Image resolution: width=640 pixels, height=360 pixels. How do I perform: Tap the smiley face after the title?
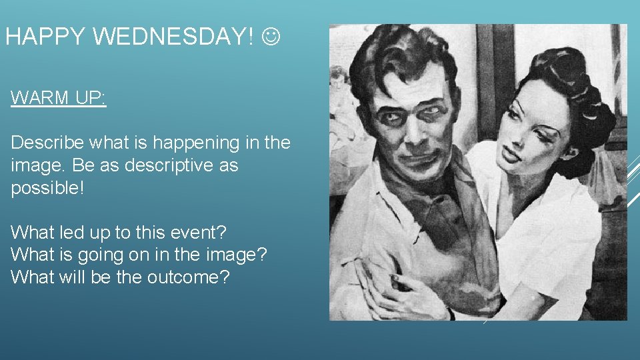coord(272,37)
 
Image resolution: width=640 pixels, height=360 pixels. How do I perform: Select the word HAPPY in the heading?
coord(45,37)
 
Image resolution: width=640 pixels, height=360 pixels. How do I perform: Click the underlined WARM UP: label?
coord(59,98)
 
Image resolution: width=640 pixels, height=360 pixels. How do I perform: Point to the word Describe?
coord(44,143)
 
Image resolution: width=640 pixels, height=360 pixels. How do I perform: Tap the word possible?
coord(47,188)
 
